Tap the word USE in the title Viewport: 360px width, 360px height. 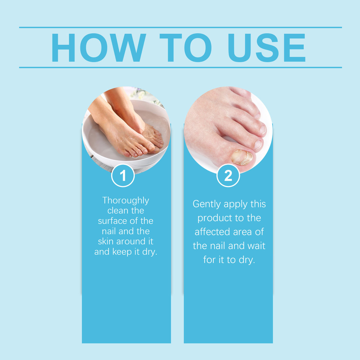[x=266, y=48]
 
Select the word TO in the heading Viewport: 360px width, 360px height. [x=186, y=48]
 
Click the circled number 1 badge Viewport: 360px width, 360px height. [x=123, y=176]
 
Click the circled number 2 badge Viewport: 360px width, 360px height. [x=228, y=176]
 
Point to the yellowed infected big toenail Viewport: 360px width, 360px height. [x=242, y=157]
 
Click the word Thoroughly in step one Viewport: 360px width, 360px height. [x=125, y=201]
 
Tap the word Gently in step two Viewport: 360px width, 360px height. [x=207, y=204]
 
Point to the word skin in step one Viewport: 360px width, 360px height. [x=106, y=241]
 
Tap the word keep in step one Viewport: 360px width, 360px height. [x=122, y=252]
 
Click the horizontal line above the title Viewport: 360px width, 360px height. [x=180, y=27]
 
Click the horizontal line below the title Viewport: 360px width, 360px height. [x=180, y=67]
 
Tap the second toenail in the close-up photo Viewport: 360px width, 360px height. [x=258, y=144]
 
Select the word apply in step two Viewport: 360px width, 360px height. [x=235, y=204]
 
